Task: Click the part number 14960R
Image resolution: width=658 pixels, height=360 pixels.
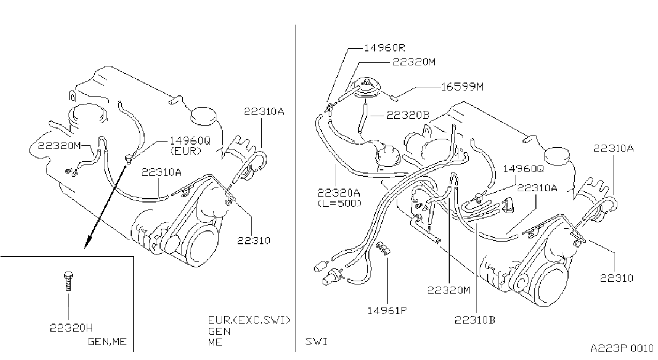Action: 384,48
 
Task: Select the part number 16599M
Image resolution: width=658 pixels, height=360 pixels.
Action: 463,87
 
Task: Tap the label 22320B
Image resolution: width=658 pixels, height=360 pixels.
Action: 408,115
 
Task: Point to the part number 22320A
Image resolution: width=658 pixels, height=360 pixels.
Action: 339,193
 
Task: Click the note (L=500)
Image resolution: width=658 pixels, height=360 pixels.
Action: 339,203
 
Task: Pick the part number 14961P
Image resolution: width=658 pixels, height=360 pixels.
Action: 387,310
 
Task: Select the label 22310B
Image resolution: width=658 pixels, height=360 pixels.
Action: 475,320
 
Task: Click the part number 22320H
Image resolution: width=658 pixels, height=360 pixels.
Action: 71,328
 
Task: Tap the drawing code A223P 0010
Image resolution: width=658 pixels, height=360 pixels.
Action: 622,349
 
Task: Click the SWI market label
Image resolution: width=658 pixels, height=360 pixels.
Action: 316,342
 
